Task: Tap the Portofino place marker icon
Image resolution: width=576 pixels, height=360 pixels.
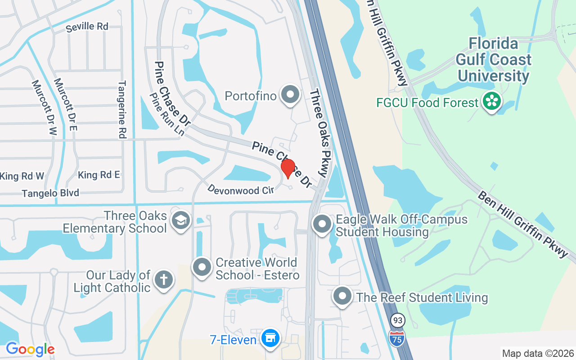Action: (290, 94)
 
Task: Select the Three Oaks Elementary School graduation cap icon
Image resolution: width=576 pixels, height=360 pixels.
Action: (180, 220)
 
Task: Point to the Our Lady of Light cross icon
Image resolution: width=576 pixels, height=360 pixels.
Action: (163, 280)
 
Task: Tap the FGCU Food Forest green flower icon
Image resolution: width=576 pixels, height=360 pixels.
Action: (491, 102)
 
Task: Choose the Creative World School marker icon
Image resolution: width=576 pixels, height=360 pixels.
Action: (202, 267)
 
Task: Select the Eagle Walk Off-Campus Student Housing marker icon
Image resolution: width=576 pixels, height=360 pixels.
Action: (322, 224)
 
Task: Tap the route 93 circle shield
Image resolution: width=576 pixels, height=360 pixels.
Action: (398, 321)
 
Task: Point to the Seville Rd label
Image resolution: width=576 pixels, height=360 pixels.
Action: (87, 27)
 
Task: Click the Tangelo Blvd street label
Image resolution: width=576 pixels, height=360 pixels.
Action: (50, 193)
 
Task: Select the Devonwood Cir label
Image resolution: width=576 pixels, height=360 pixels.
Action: (240, 190)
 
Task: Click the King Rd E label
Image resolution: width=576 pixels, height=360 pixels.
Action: (99, 175)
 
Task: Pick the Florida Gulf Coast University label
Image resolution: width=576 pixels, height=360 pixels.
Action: (493, 60)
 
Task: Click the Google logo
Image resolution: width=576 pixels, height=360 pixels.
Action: (30, 349)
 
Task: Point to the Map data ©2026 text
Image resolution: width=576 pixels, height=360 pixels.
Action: (538, 353)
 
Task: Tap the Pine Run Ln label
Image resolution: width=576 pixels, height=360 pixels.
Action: (167, 115)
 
